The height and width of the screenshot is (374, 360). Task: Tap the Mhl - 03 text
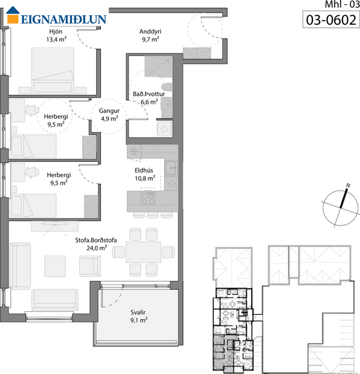(336, 4)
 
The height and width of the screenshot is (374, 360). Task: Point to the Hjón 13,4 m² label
(56, 36)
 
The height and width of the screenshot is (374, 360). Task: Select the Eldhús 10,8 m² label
(145, 174)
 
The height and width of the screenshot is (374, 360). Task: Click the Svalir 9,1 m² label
(139, 316)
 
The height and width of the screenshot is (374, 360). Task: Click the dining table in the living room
(144, 252)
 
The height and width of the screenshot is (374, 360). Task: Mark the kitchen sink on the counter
(172, 165)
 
